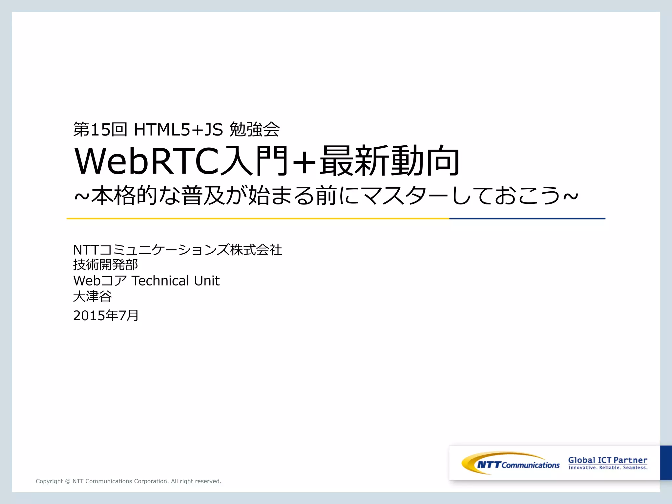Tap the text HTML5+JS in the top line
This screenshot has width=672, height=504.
[178, 130]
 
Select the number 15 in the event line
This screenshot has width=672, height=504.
[100, 130]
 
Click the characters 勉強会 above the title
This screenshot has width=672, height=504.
[255, 129]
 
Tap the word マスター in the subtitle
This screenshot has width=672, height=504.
[406, 196]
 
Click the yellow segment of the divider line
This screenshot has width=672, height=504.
[258, 219]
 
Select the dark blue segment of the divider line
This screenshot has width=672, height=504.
[527, 219]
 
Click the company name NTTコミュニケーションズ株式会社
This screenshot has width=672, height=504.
[177, 250]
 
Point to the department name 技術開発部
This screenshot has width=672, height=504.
[105, 265]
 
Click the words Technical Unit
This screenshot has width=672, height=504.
[176, 281]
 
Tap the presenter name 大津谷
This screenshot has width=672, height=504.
[92, 297]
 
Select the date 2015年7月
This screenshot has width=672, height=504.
[106, 315]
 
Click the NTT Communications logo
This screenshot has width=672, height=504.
[510, 463]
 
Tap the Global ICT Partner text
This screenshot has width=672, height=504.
[608, 460]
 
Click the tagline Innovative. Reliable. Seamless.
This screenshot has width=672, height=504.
[608, 468]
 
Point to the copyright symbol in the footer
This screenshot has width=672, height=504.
[68, 481]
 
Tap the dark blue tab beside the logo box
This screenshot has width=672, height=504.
[666, 463]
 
